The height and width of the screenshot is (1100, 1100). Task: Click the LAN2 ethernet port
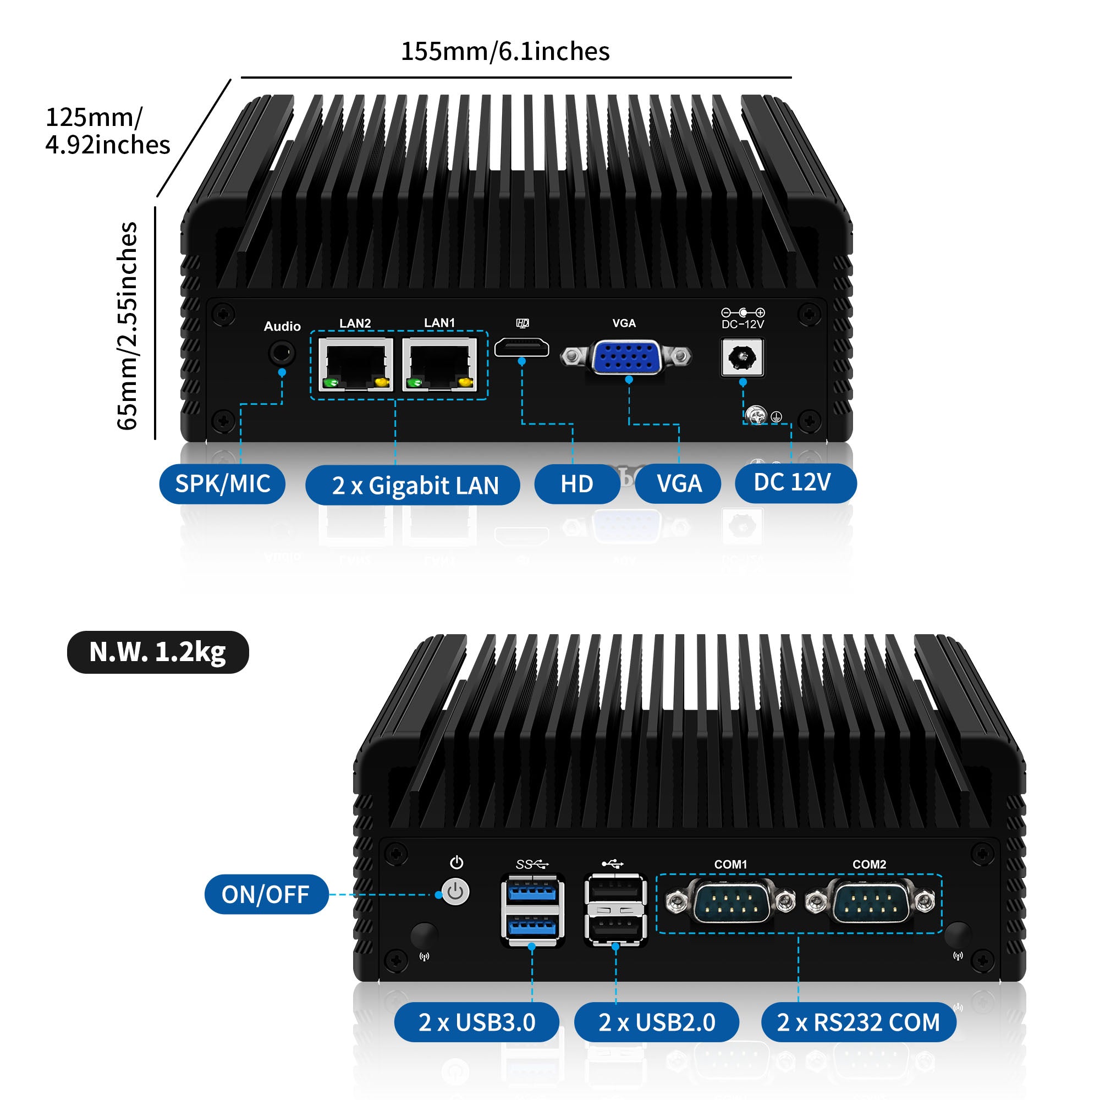356,365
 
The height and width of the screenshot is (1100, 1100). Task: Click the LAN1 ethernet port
440,365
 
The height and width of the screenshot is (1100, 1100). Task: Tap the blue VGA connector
626,357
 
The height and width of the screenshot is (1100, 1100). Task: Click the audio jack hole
281,353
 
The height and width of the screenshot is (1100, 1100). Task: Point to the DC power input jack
743,358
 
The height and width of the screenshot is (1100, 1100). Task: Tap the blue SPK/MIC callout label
222,484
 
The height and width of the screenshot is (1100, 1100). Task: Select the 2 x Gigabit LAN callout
413,485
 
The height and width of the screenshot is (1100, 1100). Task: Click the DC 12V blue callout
795,483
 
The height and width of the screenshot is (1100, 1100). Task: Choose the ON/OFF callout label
266,894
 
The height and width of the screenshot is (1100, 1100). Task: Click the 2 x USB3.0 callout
476,1022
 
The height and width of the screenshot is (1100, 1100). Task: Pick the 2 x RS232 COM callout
858,1022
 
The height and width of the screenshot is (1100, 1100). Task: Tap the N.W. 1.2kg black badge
158,652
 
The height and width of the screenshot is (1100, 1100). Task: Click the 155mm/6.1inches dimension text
505,51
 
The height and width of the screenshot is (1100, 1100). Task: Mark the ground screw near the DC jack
757,415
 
